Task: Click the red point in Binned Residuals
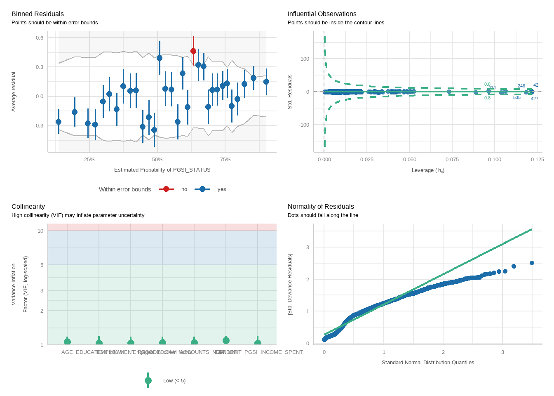tap(193, 51)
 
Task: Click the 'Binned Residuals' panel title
tap(38, 14)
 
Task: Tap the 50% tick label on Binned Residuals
tap(157, 160)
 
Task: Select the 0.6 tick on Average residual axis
tap(40, 38)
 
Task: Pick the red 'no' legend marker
tap(166, 189)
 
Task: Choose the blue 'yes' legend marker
tap(202, 189)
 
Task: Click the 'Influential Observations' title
tap(322, 14)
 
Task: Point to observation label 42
tap(536, 85)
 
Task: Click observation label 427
tap(535, 99)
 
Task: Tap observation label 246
tap(521, 86)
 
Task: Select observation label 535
tap(517, 98)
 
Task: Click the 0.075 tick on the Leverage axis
tap(452, 160)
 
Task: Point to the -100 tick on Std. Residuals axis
tap(305, 125)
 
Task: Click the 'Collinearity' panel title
tap(28, 207)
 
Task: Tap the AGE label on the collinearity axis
tap(67, 352)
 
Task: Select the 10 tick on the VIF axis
tap(40, 231)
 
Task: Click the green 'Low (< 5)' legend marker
tap(148, 380)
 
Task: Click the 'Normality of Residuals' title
tap(321, 207)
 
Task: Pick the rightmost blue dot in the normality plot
tap(532, 263)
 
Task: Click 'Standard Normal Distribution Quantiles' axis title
tap(428, 363)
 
